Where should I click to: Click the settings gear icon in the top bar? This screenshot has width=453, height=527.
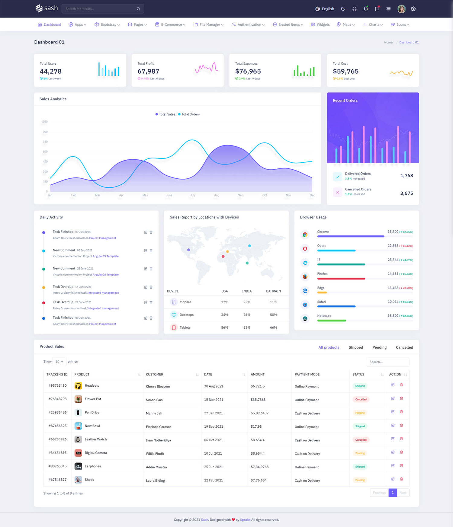point(413,9)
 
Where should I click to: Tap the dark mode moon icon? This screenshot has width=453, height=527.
point(343,9)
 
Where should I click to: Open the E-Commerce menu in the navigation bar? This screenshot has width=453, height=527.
point(170,24)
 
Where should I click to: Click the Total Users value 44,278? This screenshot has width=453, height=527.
point(51,71)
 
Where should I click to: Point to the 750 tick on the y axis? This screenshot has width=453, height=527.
point(45,142)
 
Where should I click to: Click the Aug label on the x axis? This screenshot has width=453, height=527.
point(217,195)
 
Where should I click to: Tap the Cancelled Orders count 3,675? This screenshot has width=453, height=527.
point(406,193)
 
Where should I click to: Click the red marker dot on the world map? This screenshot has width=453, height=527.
point(223,257)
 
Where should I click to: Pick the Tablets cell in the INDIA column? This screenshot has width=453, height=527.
point(247,327)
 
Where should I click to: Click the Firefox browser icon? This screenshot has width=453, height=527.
point(305,276)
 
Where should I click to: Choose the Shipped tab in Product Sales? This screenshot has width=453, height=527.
point(356,347)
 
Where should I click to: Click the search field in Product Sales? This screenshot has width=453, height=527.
point(388,362)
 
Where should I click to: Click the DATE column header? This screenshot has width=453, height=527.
point(208,374)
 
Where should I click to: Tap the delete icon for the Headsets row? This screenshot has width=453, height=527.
point(401,385)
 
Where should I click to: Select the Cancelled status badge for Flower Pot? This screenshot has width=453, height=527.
point(361,399)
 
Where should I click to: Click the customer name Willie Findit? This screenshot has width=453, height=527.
point(155,454)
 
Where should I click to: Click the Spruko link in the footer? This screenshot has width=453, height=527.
point(245,520)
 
